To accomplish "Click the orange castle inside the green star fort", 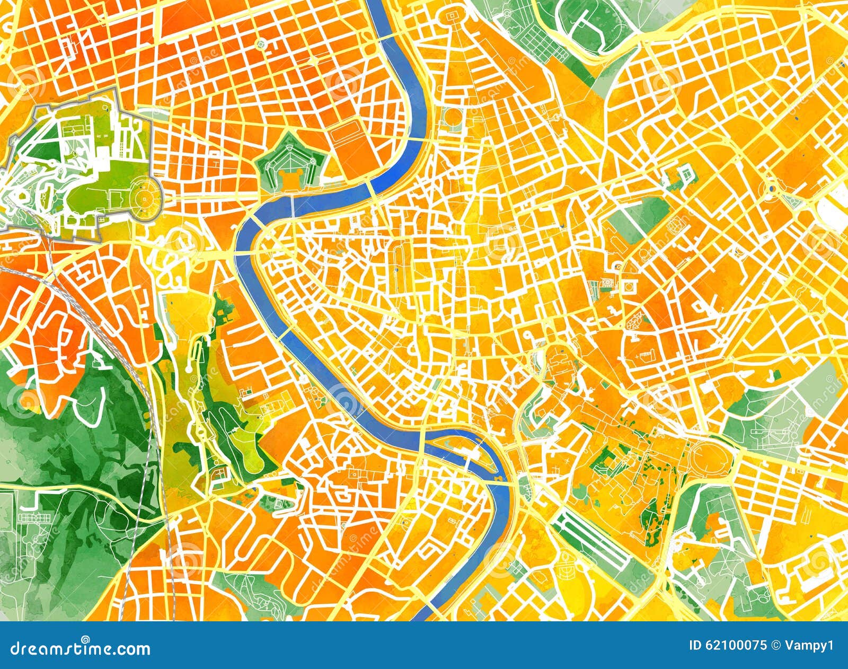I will [x=289, y=178].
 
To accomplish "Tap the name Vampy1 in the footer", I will [x=810, y=645].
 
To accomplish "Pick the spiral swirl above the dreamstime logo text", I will [x=85, y=639].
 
